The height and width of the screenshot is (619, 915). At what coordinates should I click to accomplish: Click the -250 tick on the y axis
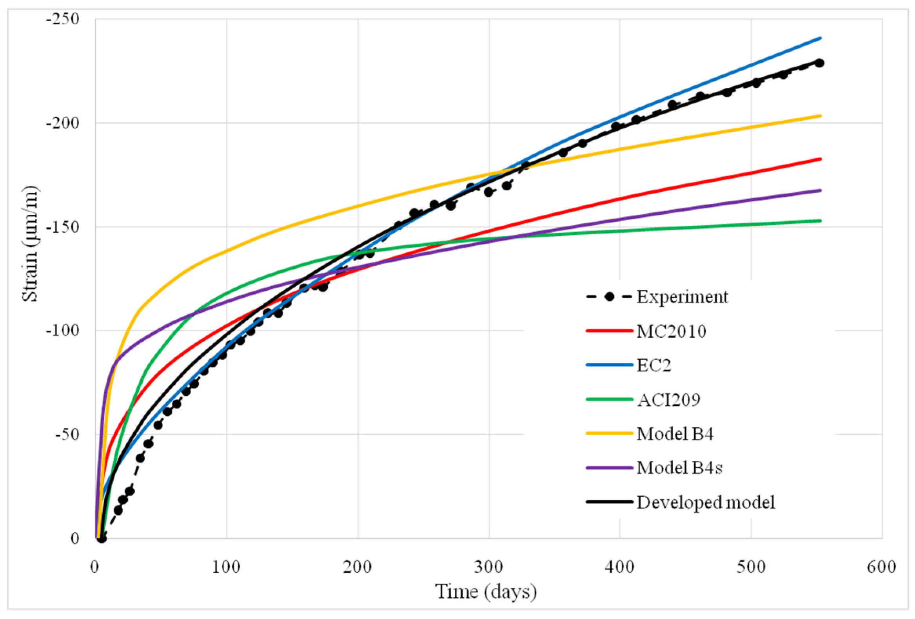pos(63,19)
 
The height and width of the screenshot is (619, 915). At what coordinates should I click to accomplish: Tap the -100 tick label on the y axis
pos(63,330)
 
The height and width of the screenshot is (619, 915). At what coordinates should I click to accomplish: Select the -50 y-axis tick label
pos(67,434)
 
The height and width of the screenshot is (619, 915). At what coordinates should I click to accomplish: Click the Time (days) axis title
pos(485,592)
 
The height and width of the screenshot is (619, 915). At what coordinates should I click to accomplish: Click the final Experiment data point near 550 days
pos(819,63)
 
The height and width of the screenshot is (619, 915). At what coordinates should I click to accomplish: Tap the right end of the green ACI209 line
pos(821,221)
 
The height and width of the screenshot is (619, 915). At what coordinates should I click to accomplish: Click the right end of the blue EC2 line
pos(821,38)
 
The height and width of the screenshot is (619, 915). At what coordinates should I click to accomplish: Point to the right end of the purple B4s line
pos(821,190)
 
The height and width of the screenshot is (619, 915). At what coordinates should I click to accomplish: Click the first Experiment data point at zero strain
pos(102,538)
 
